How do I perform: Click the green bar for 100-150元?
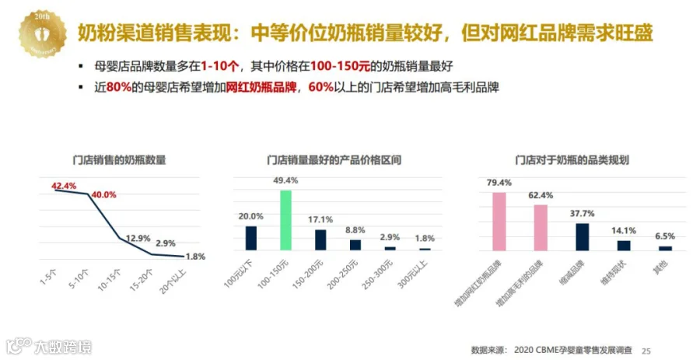[285, 220]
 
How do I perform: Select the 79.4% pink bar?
[499, 222]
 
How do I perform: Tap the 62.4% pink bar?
[541, 228]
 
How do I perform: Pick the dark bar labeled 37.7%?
[582, 237]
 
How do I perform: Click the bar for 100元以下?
[251, 238]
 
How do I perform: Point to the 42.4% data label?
[64, 186]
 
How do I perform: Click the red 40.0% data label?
[103, 195]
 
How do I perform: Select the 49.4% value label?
[285, 180]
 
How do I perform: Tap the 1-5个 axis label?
[48, 277]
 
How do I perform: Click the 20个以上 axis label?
[173, 281]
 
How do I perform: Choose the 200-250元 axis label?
[342, 274]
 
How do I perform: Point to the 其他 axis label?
[660, 267]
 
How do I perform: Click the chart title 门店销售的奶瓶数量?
[119, 159]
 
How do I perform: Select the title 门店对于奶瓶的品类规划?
[572, 159]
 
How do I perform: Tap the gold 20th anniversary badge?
[43, 34]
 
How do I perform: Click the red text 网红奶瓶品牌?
[261, 87]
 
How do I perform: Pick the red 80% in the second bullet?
[119, 87]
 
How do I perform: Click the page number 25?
[646, 351]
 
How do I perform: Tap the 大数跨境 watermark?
[49, 346]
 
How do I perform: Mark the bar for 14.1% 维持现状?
[624, 246]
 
